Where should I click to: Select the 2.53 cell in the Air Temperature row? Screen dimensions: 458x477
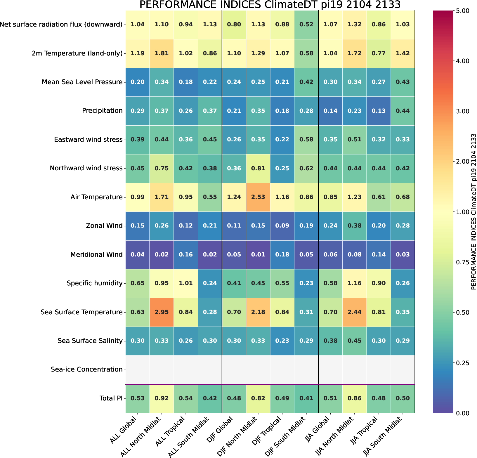click(258, 197)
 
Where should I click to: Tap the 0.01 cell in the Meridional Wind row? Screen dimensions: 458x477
click(258, 254)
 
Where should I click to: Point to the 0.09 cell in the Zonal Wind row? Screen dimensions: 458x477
click(282, 225)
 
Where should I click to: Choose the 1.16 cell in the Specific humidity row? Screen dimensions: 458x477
click(354, 283)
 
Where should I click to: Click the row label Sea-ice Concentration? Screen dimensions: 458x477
click(86, 369)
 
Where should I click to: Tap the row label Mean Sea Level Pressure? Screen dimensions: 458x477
click(82, 82)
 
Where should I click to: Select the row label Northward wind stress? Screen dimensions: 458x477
click(86, 168)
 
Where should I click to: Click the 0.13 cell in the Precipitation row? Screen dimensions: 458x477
click(379, 111)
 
